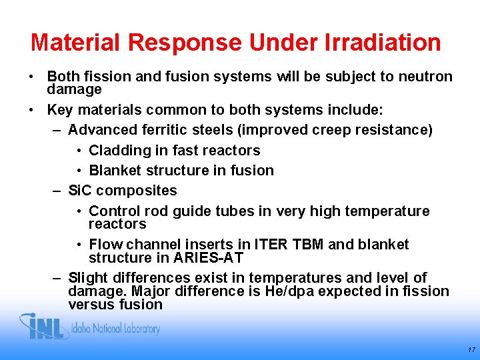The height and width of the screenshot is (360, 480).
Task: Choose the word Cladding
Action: [117, 151]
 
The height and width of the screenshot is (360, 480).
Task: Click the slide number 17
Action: [471, 349]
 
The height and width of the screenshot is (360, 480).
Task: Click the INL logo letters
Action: [45, 327]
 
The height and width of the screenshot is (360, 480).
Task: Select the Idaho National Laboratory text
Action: [116, 329]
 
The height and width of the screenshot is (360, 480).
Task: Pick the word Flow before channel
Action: [105, 245]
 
